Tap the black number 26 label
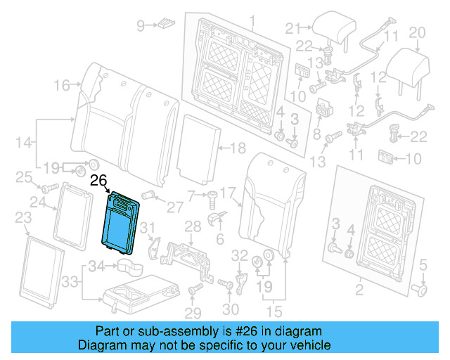tap(98, 181)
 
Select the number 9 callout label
tap(140, 26)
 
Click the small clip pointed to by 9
tap(163, 24)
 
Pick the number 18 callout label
tap(238, 148)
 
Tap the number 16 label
tap(60, 86)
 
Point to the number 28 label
tap(193, 225)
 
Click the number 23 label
tap(22, 217)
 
